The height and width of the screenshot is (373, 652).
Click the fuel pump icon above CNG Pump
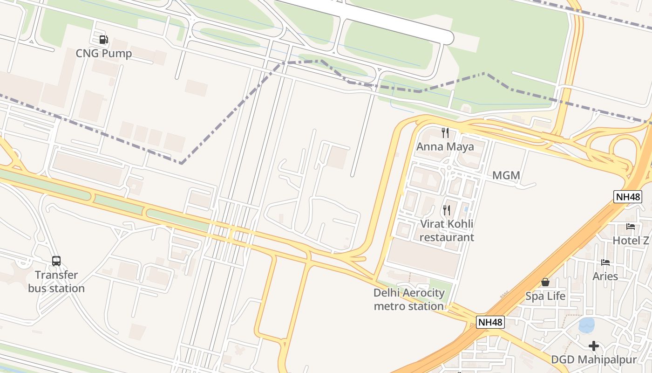click(x=103, y=40)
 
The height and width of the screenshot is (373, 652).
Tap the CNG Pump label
click(x=104, y=54)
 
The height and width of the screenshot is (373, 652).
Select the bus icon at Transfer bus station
click(x=56, y=261)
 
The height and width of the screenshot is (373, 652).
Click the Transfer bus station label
click(x=56, y=282)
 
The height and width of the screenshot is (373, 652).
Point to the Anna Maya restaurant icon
click(x=445, y=133)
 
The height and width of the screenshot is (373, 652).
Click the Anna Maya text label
click(x=445, y=147)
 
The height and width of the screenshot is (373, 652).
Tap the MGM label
click(x=506, y=176)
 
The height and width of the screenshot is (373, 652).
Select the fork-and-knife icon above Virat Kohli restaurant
click(x=447, y=210)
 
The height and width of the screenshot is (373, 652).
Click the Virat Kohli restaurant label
click(x=447, y=230)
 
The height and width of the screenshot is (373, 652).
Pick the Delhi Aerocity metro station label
click(x=409, y=299)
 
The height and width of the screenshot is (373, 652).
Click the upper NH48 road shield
click(x=628, y=197)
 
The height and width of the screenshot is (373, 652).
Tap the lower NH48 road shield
click(x=490, y=322)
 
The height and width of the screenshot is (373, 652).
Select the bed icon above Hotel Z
click(x=631, y=227)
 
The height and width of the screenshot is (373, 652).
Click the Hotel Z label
click(x=631, y=241)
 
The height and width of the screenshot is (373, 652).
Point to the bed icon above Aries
click(x=605, y=262)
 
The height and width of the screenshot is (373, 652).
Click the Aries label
click(x=605, y=276)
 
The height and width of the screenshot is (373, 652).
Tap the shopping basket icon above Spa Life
click(x=545, y=282)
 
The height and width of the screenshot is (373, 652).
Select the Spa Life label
click(x=545, y=296)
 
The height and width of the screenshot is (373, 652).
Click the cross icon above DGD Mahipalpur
click(x=594, y=346)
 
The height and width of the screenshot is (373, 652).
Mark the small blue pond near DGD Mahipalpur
click(x=586, y=325)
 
